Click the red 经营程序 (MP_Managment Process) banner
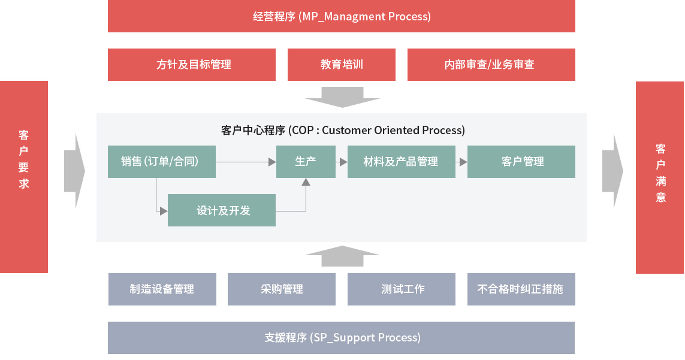[341, 16]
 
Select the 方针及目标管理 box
[192, 65]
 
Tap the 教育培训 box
[341, 65]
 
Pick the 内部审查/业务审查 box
[491, 65]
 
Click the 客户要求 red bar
[24, 177]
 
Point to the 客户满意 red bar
[660, 177]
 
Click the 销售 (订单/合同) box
[162, 162]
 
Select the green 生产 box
[306, 162]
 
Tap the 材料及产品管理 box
[401, 162]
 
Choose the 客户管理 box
[521, 162]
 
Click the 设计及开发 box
[222, 210]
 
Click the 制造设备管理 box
[162, 289]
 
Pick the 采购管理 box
[281, 289]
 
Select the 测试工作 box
[401, 289]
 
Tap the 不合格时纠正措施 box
[521, 289]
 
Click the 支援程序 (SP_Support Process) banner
[341, 338]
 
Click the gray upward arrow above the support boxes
[343, 256]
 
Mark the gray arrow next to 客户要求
[75, 171]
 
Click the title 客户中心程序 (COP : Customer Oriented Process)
[343, 130]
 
